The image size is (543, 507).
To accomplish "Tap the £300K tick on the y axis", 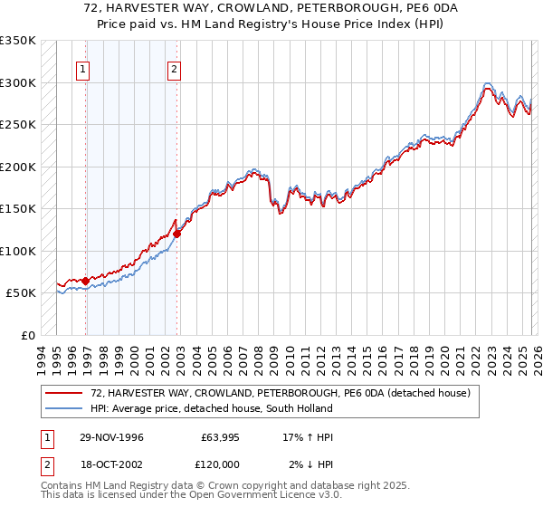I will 18,82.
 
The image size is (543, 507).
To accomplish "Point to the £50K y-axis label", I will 21,293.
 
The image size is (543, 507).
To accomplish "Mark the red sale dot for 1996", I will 85,282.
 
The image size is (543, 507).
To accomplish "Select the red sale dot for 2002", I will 176,234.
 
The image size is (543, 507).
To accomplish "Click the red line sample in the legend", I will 63,394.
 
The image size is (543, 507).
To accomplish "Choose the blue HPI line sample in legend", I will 63,409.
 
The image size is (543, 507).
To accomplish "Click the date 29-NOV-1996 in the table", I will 111,437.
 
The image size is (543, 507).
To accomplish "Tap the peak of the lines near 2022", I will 488,84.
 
